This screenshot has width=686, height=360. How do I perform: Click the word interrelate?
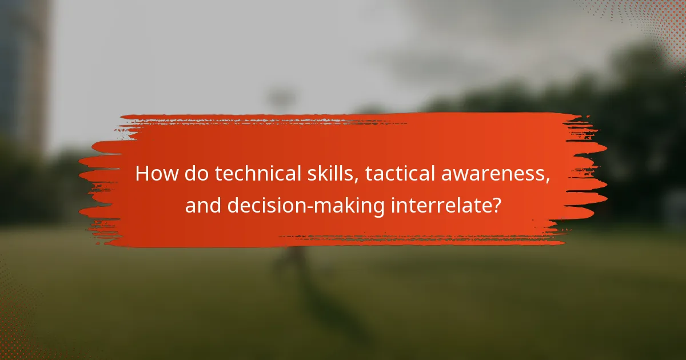[438, 206]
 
